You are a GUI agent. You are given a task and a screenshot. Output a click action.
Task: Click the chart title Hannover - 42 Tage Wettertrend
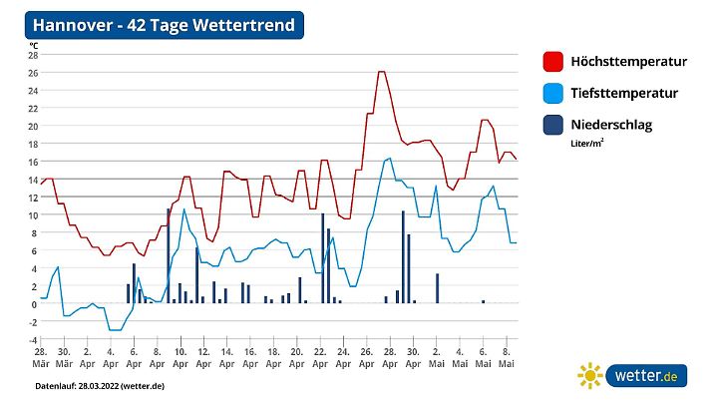[164, 25]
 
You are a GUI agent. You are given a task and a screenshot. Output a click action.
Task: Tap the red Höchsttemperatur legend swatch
[552, 62]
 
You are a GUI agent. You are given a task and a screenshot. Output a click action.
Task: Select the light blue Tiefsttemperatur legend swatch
[552, 94]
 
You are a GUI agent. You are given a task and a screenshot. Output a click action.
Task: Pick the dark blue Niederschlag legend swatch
[552, 126]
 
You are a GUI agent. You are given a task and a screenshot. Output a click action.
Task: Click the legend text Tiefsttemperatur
[624, 94]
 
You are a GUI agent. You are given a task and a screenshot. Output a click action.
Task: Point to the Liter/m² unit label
[587, 144]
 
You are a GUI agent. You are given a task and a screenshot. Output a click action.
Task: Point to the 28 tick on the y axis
[33, 55]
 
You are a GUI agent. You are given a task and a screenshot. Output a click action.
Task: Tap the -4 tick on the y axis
[33, 339]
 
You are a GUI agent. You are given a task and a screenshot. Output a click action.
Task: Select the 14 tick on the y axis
[33, 180]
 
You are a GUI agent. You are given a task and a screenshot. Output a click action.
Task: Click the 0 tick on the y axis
[34, 303]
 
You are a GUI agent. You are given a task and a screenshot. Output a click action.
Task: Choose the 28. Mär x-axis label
[41, 357]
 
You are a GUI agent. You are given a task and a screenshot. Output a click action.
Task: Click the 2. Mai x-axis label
[436, 357]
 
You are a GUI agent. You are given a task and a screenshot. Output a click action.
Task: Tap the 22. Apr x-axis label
[320, 357]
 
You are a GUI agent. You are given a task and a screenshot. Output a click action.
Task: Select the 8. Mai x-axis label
[506, 357]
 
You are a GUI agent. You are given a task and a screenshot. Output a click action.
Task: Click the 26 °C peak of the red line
[382, 72]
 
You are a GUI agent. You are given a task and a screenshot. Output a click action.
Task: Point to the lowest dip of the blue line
[115, 329]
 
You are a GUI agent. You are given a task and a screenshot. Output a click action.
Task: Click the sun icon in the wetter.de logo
[590, 376]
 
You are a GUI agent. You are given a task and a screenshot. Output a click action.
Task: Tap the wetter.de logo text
[646, 376]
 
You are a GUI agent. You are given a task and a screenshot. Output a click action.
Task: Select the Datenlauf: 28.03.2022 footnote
[99, 385]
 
